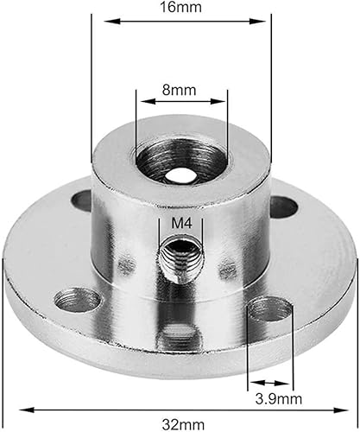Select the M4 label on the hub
pyautogui.click(x=180, y=223)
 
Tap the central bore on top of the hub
pyautogui.click(x=180, y=165)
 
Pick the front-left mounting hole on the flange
pyautogui.click(x=77, y=300)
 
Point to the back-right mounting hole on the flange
pyautogui.click(x=281, y=206)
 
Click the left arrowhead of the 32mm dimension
pyautogui.click(x=10, y=410)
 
